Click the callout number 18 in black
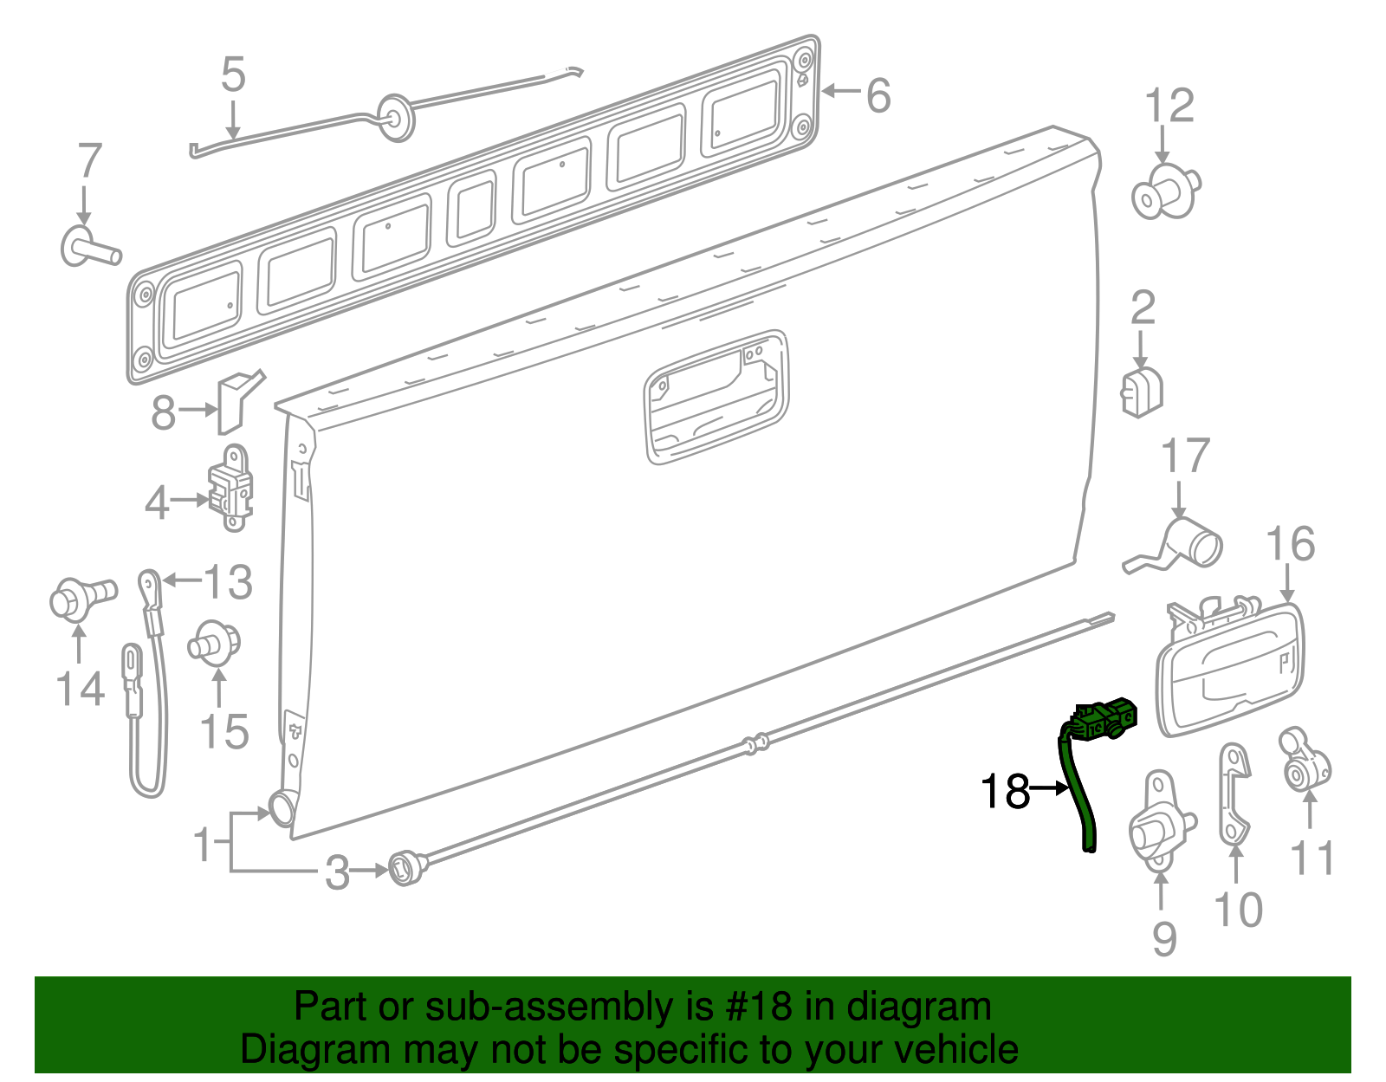pyautogui.click(x=1005, y=791)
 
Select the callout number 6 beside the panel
pyautogui.click(x=878, y=95)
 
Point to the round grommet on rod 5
pyautogui.click(x=396, y=117)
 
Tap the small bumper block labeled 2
pyautogui.click(x=1142, y=392)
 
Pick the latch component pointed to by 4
pyautogui.click(x=231, y=489)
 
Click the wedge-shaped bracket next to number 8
pyautogui.click(x=234, y=400)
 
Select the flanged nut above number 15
pyautogui.click(x=213, y=644)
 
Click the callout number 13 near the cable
pyautogui.click(x=227, y=582)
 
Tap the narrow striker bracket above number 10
pyautogui.click(x=1234, y=793)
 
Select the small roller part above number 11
pyautogui.click(x=1304, y=761)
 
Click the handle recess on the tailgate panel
pyautogui.click(x=716, y=397)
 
